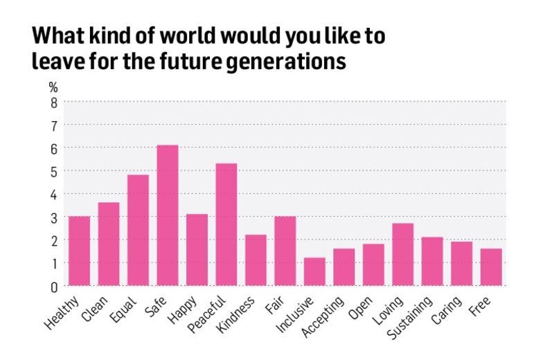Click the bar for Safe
click(168, 215)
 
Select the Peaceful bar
click(226, 224)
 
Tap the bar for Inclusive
click(314, 271)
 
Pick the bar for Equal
click(138, 230)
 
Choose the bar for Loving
click(403, 254)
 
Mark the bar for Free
click(491, 267)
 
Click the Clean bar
click(109, 244)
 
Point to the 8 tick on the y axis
click(53, 102)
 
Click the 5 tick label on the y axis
click(53, 171)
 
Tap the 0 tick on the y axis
click(53, 286)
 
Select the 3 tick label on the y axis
click(53, 217)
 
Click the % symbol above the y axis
click(53, 88)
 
